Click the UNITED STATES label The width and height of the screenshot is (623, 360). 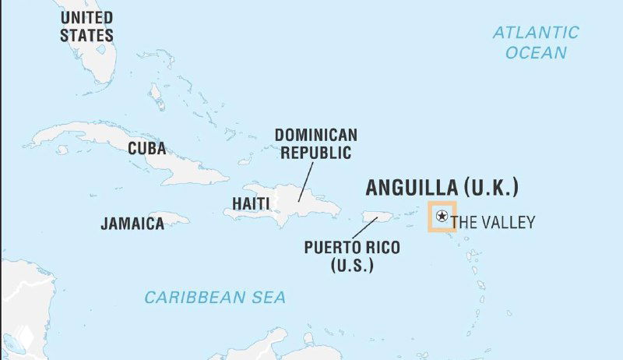coord(86,26)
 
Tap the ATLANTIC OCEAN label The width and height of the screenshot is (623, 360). coord(536,42)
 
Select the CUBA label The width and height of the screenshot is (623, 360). coord(146,148)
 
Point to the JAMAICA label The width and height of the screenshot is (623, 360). coord(132,224)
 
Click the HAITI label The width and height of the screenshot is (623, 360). coord(251,204)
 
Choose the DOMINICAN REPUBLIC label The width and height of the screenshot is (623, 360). coord(315,143)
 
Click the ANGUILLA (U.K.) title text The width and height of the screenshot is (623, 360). coord(442,188)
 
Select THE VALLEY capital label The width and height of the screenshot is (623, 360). coord(493,222)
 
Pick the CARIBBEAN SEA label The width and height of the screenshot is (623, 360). coord(215,297)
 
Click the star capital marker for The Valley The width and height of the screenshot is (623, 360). coord(442,216)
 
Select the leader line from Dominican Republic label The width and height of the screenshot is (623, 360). coord(304,182)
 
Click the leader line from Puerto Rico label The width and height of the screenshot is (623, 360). coord(364,228)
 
